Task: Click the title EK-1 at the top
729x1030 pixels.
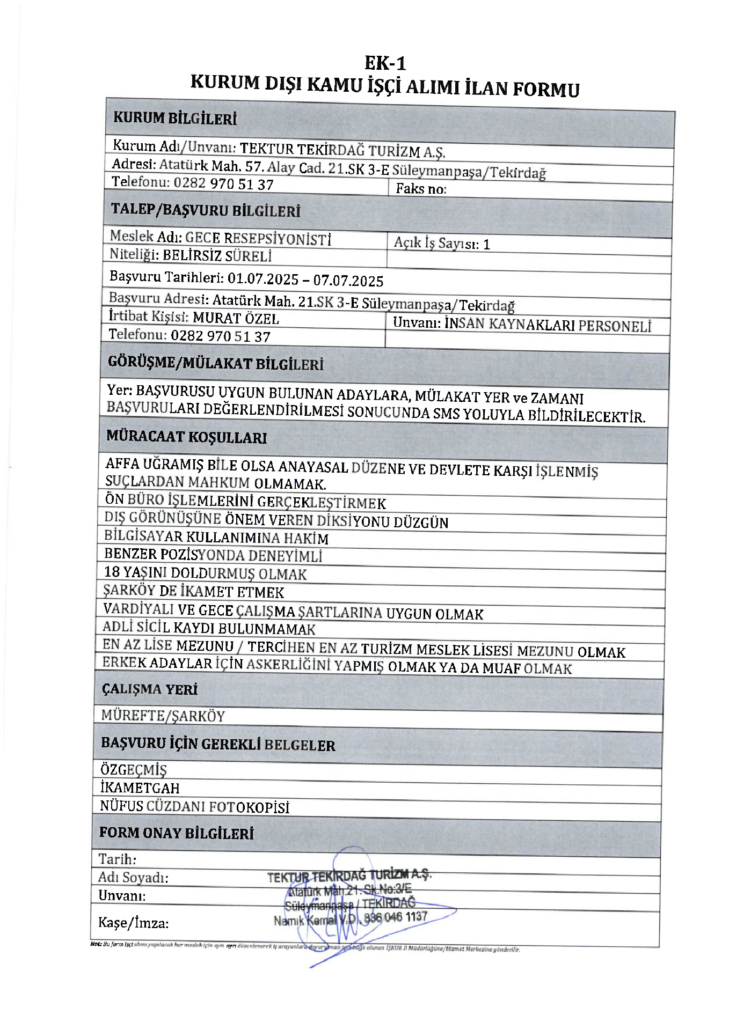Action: (x=385, y=63)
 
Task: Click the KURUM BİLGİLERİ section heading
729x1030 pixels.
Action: (x=174, y=119)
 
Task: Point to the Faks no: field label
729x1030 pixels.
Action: (x=421, y=189)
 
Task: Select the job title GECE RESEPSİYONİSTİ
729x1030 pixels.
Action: (x=258, y=239)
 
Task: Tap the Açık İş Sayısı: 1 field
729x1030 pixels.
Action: (x=442, y=244)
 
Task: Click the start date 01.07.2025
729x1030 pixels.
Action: (x=263, y=279)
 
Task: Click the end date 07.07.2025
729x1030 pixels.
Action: (x=348, y=281)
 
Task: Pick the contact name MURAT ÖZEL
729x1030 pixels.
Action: (x=236, y=319)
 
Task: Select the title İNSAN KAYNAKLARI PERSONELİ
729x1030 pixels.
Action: (x=548, y=325)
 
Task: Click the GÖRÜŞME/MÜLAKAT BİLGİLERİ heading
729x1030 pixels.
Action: (x=216, y=364)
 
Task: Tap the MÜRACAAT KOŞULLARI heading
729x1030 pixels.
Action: (x=186, y=437)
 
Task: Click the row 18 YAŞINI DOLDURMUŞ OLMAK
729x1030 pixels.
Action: (x=205, y=573)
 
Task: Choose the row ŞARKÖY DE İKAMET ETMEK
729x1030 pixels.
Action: (x=193, y=592)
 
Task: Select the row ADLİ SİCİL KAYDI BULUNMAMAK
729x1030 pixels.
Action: (x=209, y=628)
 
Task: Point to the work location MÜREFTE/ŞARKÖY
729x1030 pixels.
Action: (x=163, y=716)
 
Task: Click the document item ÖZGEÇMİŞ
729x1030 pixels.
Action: (x=134, y=770)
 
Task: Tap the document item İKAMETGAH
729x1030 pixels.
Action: (x=140, y=788)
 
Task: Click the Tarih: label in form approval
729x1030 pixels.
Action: (x=117, y=859)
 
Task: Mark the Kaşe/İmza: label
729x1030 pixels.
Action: (x=133, y=923)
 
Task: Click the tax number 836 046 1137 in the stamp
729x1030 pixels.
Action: (x=396, y=917)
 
